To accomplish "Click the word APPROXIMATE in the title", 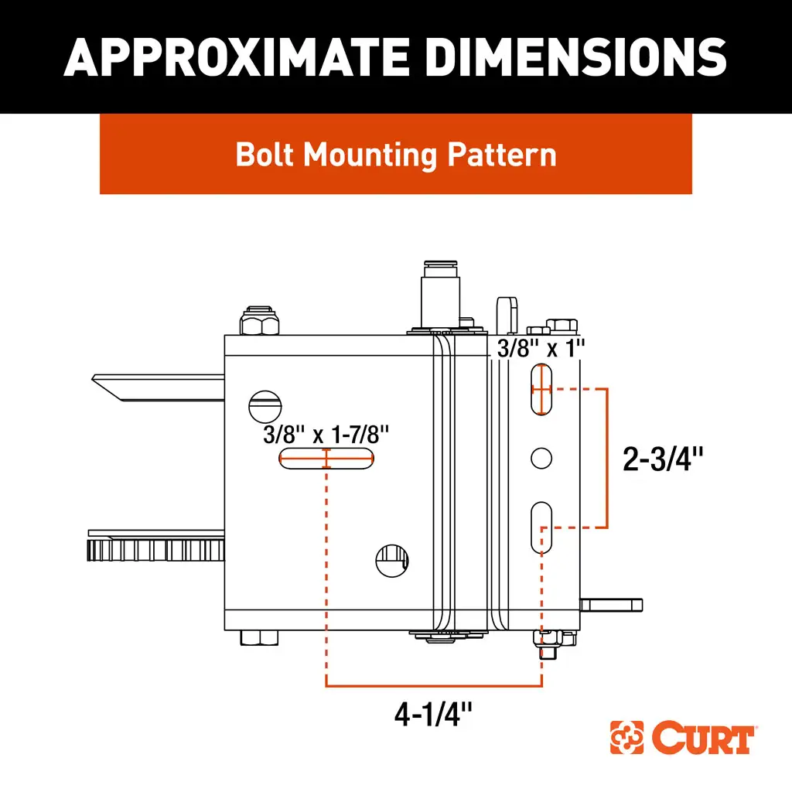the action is click(237, 57).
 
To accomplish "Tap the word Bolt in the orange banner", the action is click(265, 154).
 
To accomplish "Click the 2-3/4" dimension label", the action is click(662, 459).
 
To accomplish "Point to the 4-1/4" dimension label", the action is click(433, 714).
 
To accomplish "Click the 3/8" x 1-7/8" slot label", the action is click(326, 435).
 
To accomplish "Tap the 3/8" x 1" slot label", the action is click(541, 348).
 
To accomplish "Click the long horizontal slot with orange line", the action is click(326, 459).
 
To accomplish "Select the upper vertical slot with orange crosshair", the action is click(541, 390).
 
